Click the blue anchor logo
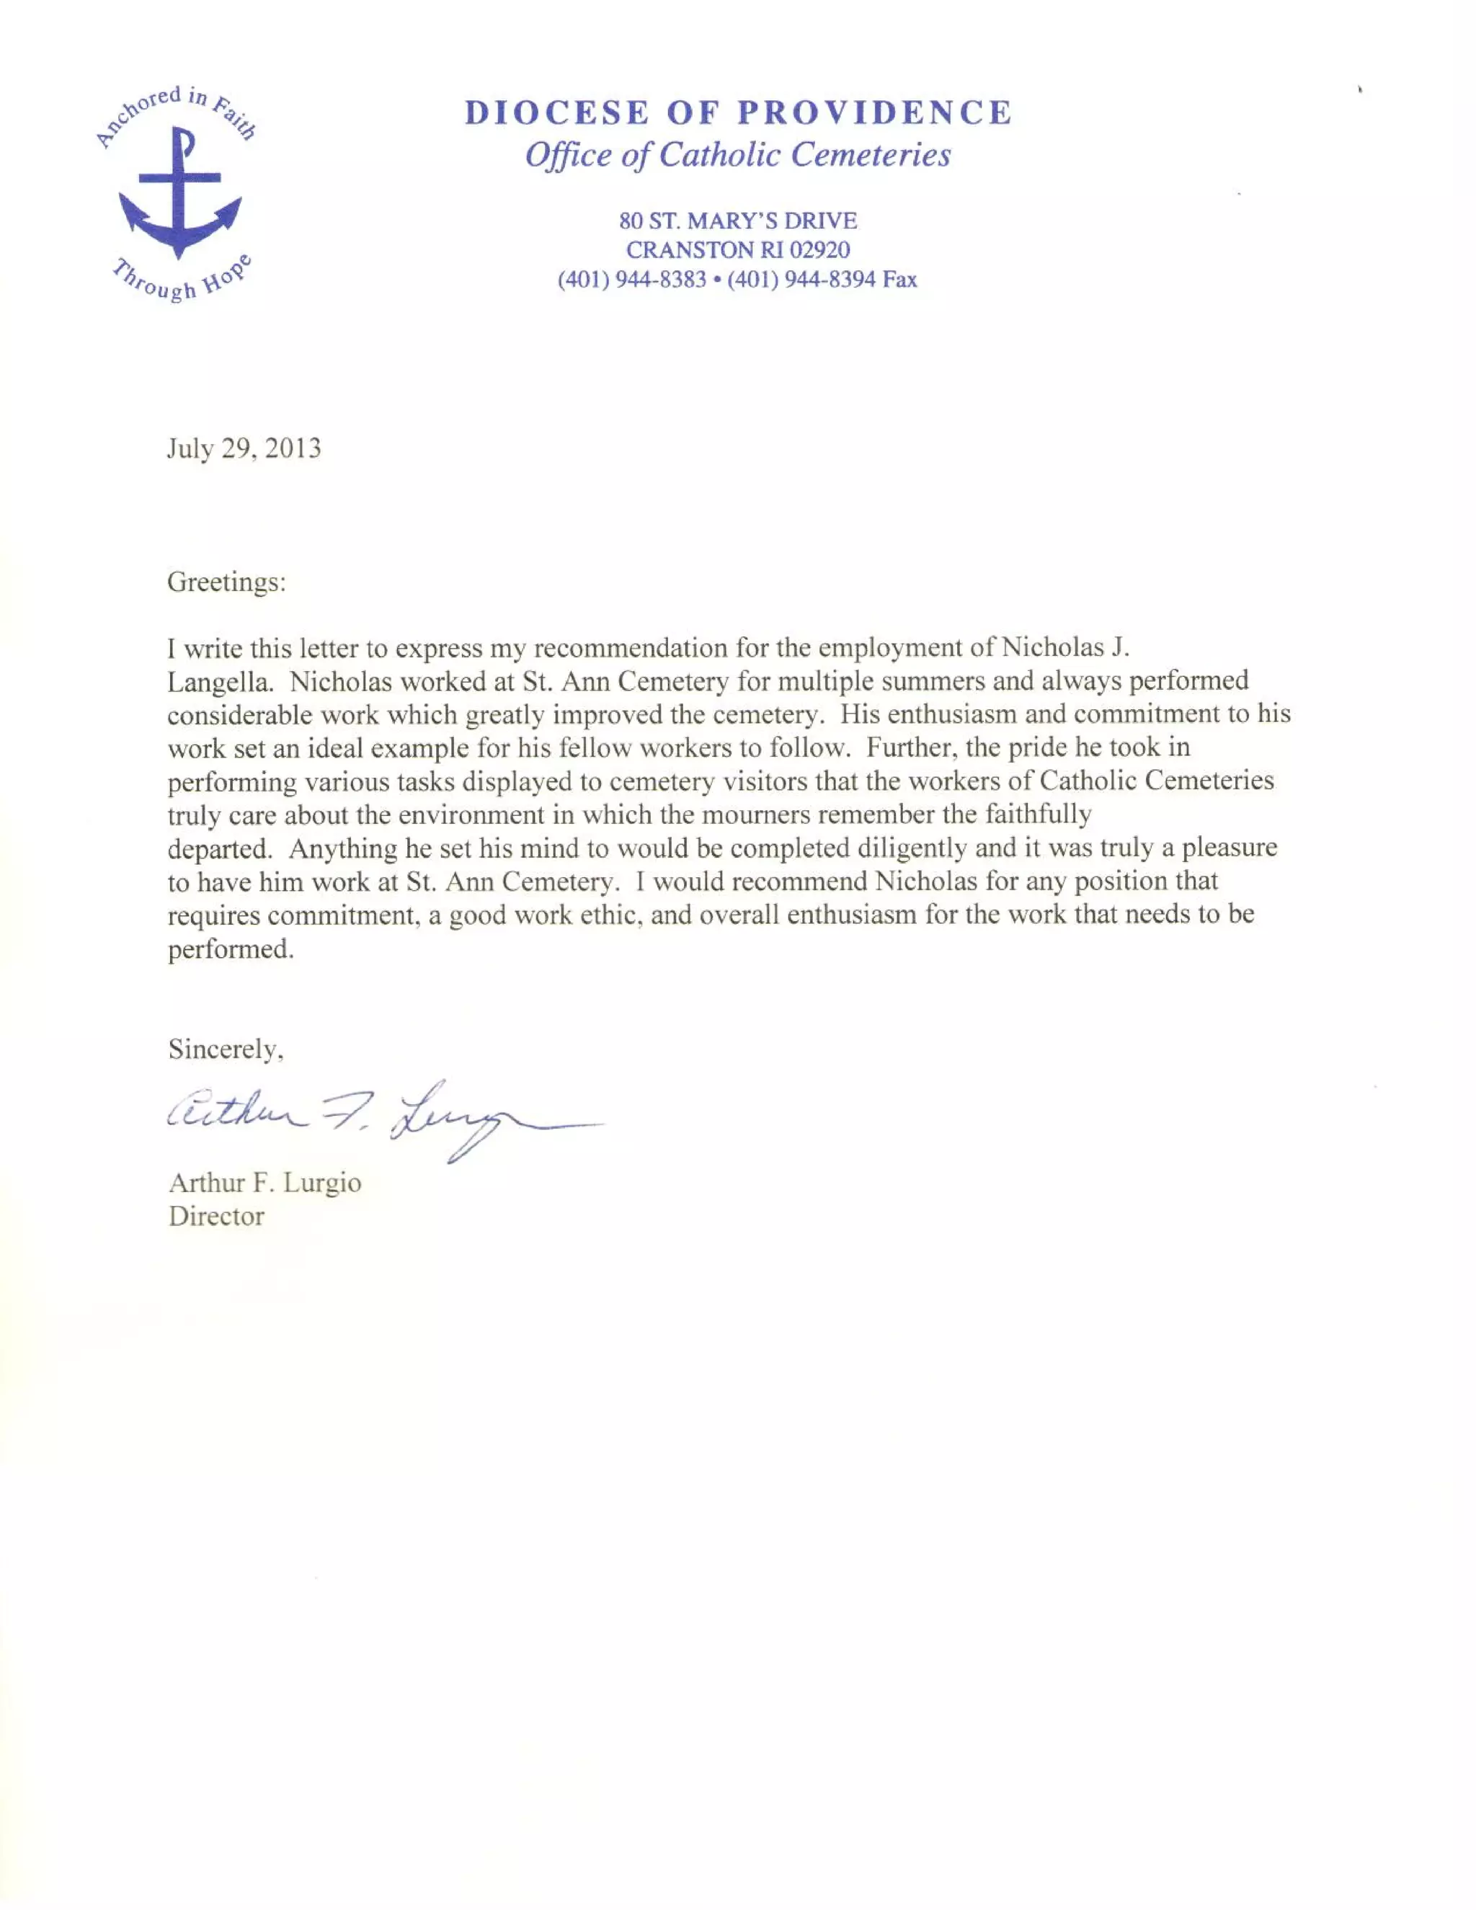tap(179, 192)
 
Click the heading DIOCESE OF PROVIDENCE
tap(737, 113)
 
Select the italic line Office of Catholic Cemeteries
tap(737, 156)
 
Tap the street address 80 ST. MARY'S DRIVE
tap(737, 221)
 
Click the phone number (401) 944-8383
tap(631, 280)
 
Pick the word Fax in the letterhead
tap(899, 280)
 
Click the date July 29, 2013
tap(244, 448)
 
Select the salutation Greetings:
tap(226, 582)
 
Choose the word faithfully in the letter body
tap(1037, 815)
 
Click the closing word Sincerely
tap(225, 1049)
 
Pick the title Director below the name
tap(216, 1217)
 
